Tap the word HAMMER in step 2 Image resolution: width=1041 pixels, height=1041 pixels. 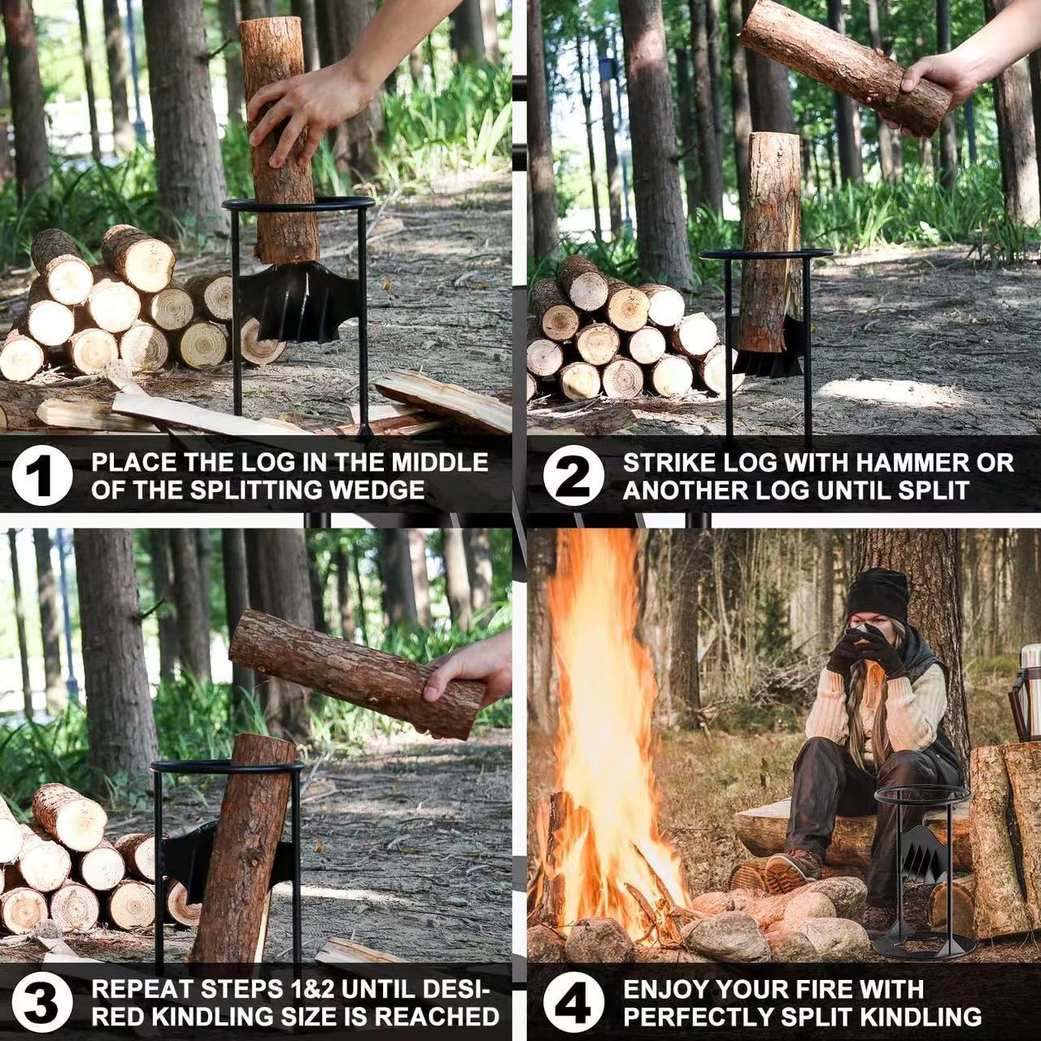coord(900,463)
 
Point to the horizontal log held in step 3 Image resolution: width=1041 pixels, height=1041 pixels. coord(356,674)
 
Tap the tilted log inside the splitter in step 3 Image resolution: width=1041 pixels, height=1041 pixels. coord(243,848)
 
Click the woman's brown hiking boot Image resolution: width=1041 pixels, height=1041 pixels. coord(790,870)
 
